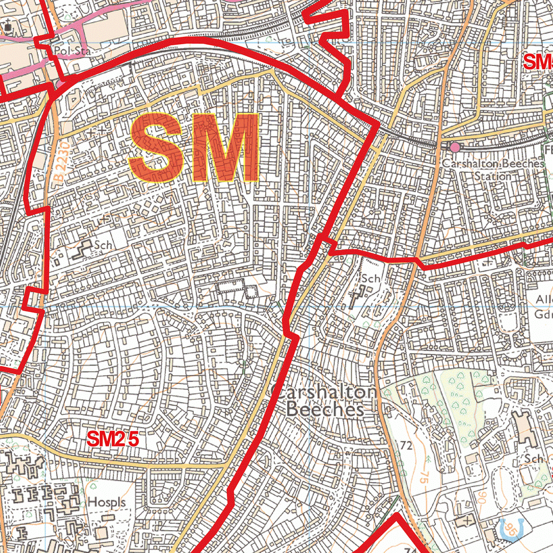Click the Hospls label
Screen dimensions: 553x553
pos(106,502)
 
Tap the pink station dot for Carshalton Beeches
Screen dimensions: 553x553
pos(455,147)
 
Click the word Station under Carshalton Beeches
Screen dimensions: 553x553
pos(493,176)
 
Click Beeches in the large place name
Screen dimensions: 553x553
pos(325,410)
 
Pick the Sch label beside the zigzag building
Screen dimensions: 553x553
pos(103,245)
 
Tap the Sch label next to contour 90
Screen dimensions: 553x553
pos(533,458)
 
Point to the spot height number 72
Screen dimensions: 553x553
pos(406,446)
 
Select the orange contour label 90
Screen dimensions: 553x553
pos(481,497)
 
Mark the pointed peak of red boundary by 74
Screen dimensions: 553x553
pos(397,514)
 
